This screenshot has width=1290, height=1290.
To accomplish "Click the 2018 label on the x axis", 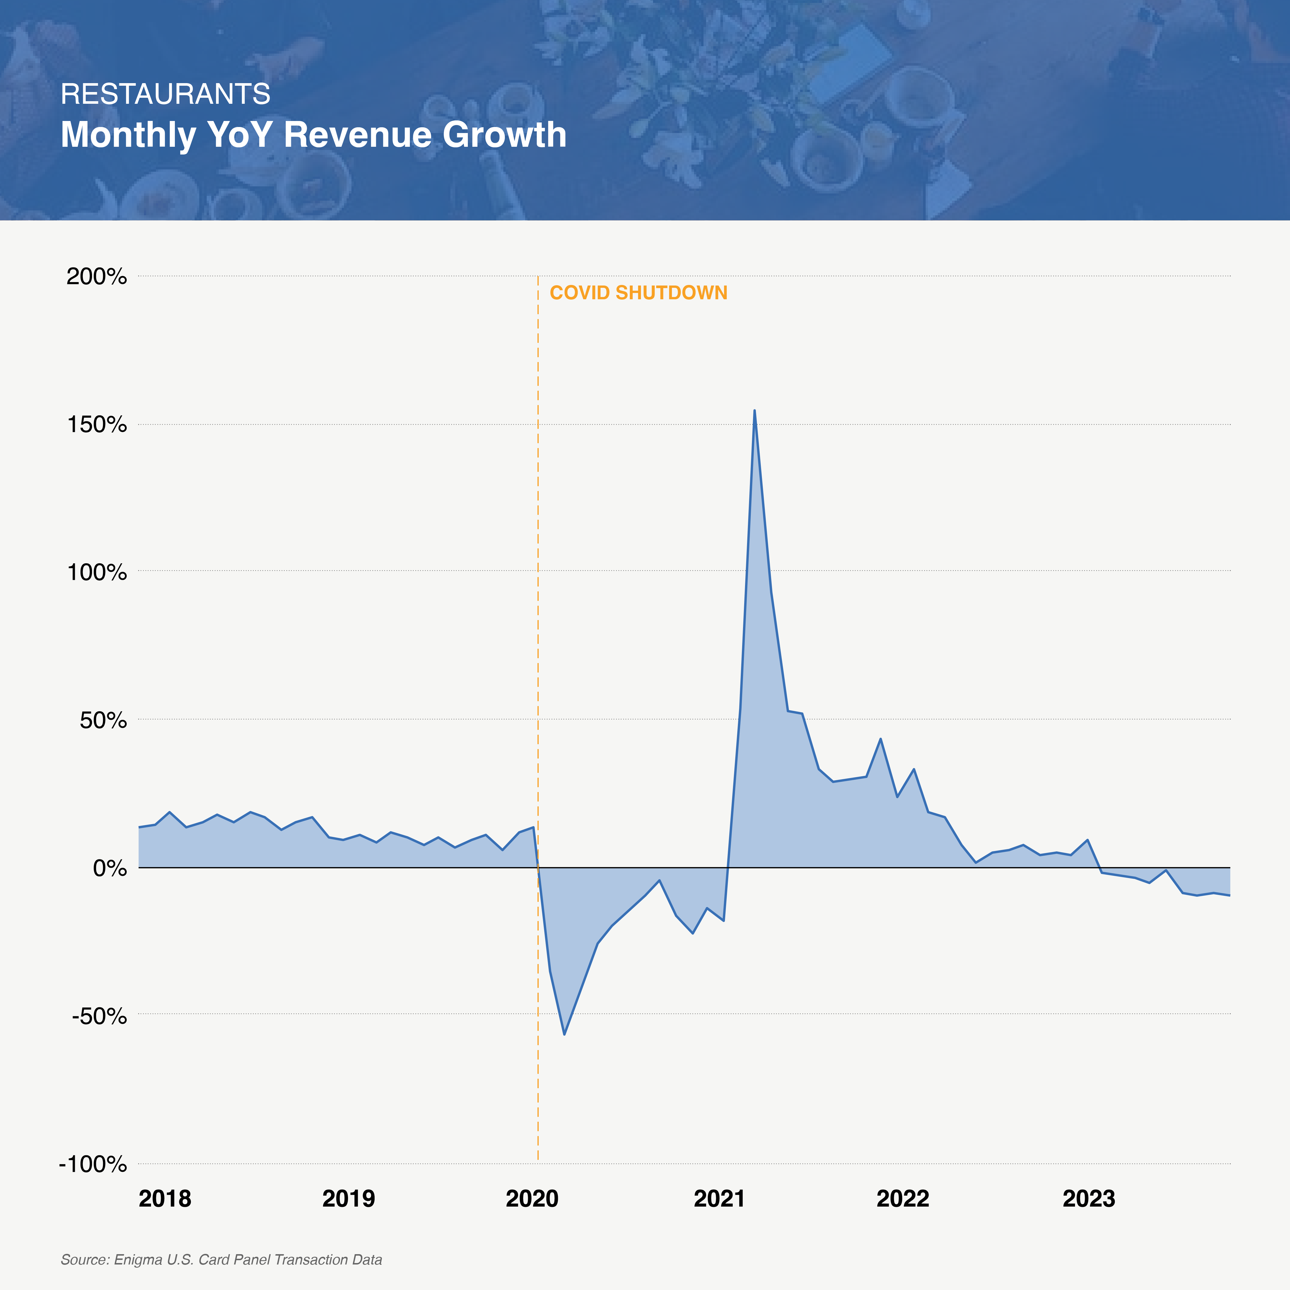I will click(x=165, y=1199).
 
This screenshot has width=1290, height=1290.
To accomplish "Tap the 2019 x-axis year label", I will click(x=349, y=1199).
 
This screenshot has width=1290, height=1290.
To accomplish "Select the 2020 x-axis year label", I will click(x=532, y=1199).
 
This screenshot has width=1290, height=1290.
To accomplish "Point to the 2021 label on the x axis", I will click(x=719, y=1199).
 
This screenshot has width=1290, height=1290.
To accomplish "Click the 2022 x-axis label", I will click(x=903, y=1199).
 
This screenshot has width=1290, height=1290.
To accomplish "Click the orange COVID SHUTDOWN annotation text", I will click(x=638, y=293).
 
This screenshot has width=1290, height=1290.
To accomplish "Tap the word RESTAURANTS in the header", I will click(x=166, y=94).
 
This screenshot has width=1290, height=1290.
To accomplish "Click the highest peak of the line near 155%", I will click(x=755, y=411).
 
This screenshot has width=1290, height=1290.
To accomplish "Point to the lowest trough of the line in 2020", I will click(x=564, y=1034).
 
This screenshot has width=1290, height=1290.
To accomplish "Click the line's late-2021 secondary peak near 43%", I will click(x=881, y=739).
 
